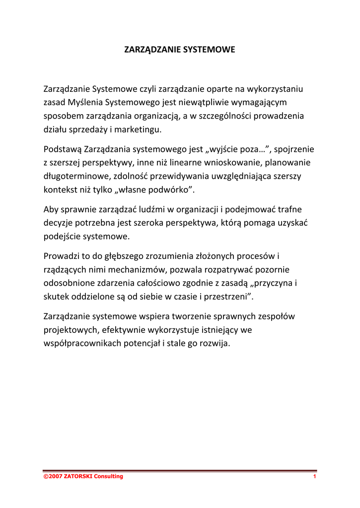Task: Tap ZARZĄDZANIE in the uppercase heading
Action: [152, 50]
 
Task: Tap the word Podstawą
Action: [63, 149]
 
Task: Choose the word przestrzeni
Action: [230, 297]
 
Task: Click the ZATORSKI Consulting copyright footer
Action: [83, 477]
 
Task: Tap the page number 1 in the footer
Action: [314, 477]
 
